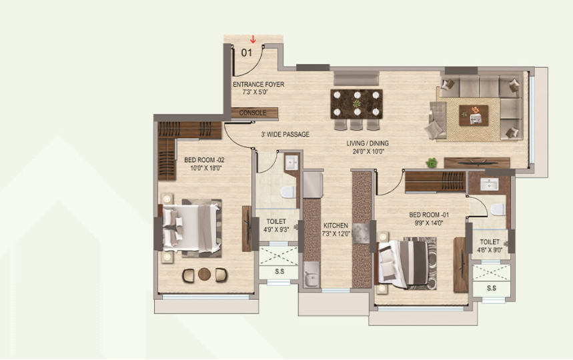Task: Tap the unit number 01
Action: (246, 53)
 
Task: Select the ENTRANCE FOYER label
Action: (258, 85)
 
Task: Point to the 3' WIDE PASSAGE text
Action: (285, 135)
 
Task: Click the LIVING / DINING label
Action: (367, 143)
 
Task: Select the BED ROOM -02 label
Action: (204, 160)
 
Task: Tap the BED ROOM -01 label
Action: (429, 215)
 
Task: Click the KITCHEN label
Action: (336, 225)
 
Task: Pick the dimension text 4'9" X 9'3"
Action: (276, 230)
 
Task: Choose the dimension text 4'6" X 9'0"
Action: (490, 251)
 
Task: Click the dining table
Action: (358, 103)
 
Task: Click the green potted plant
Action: (432, 162)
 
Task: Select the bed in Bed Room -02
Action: (191, 227)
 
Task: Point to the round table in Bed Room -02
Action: (205, 273)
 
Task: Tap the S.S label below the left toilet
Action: (277, 272)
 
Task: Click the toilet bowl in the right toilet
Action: (496, 209)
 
